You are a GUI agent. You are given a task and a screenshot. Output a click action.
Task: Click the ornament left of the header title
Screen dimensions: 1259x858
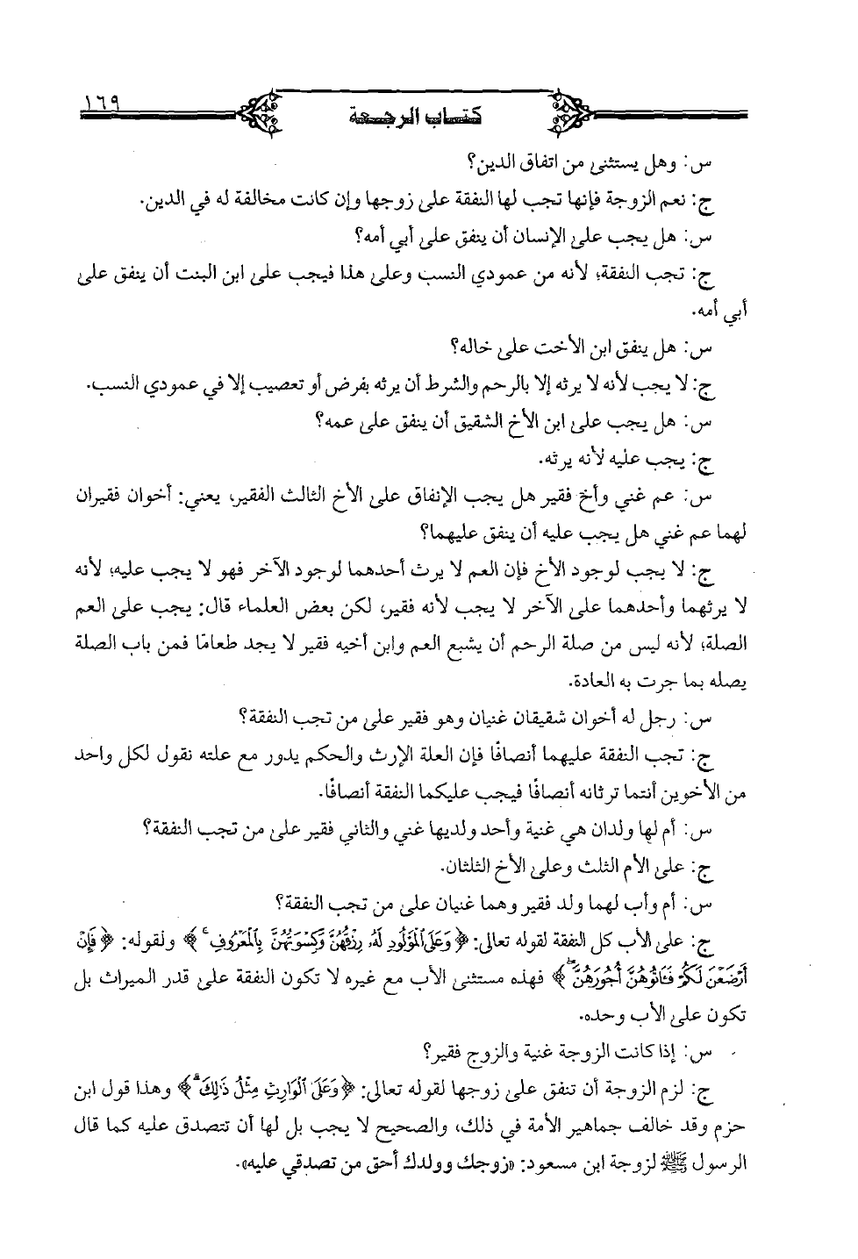(261, 111)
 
